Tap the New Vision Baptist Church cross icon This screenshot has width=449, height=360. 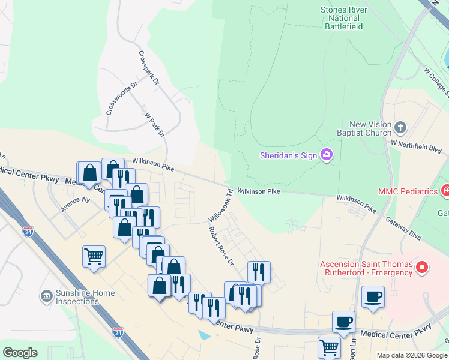pos(401,127)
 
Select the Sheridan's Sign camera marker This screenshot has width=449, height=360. pos(327,155)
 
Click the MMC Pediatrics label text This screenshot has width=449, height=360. pos(408,191)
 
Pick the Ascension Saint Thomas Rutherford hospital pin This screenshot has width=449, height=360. pos(422,268)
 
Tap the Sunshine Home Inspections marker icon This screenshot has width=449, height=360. pos(47,296)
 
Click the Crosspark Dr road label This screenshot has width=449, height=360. pos(149,66)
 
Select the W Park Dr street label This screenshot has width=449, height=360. pos(155,122)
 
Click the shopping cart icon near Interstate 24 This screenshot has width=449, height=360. pos(94,256)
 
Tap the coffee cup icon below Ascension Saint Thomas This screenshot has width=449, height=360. pos(373,296)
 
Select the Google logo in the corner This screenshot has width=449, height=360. pos(20,353)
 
